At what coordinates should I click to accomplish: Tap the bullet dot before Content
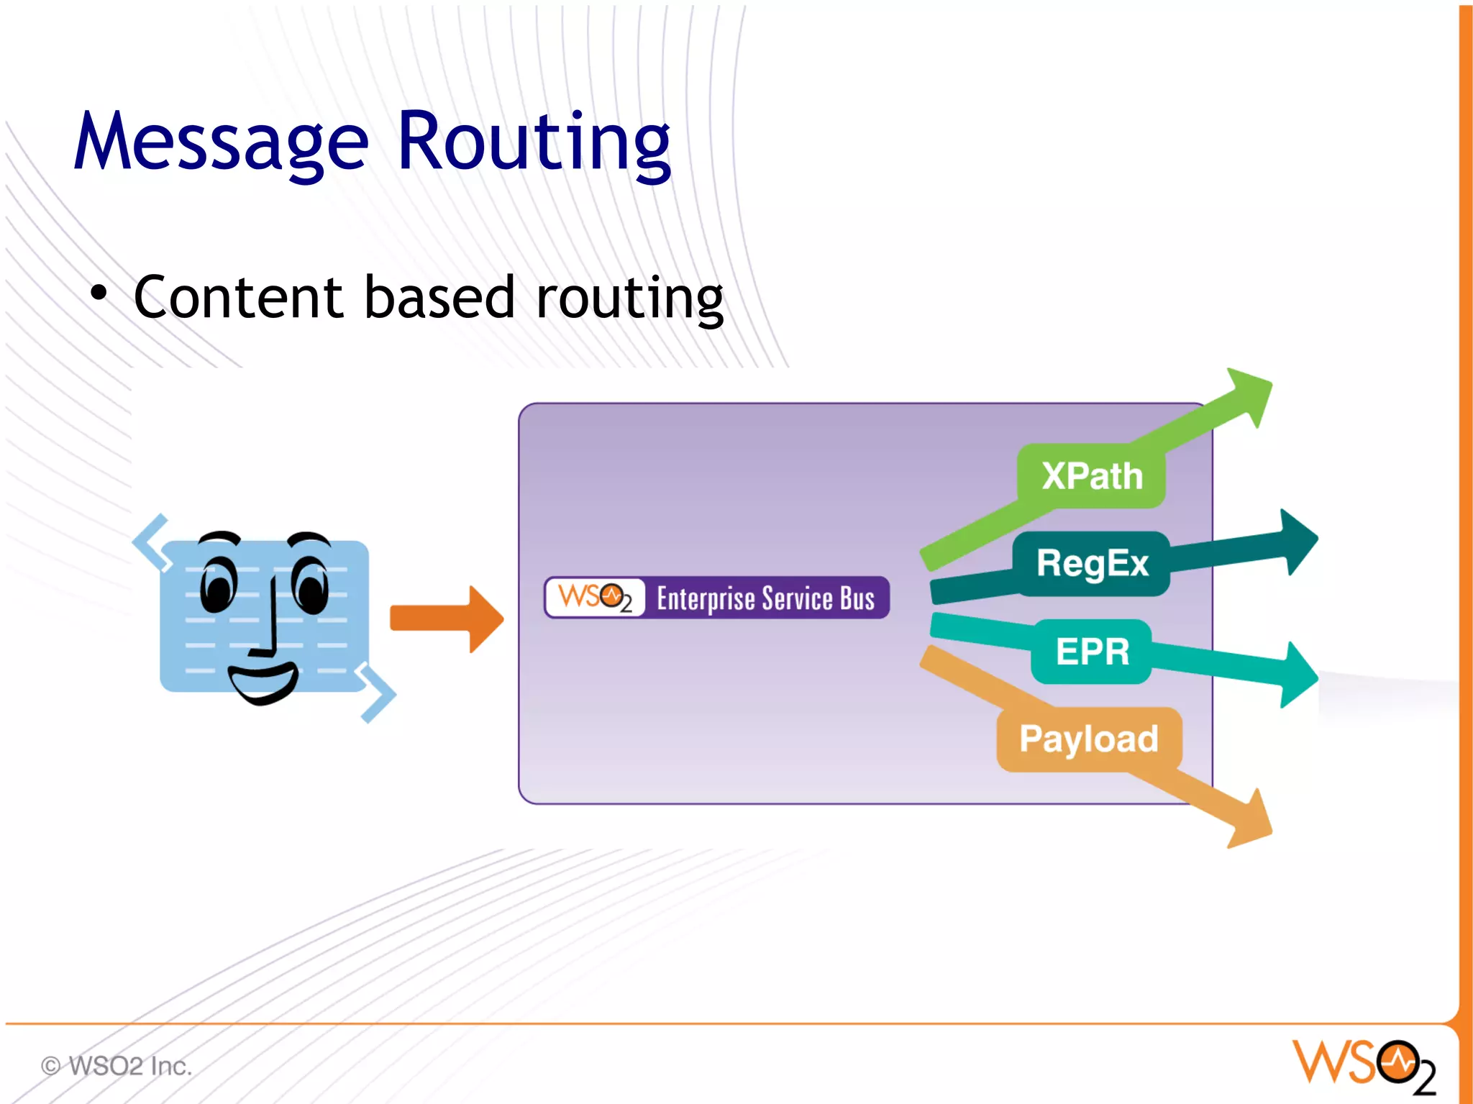pos(99,293)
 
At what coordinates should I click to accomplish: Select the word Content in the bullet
pos(238,297)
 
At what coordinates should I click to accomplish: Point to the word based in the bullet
pos(439,297)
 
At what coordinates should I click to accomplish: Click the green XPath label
pos(1091,476)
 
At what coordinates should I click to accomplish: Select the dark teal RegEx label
pos(1091,563)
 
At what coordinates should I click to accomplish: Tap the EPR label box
pos(1091,652)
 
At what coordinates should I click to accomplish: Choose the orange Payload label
pos(1088,739)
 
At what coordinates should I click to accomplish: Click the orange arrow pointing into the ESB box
pos(446,619)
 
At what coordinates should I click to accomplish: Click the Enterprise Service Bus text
pos(765,598)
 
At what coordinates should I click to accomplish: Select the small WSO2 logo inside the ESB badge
pos(595,598)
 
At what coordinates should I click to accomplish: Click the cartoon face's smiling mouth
pos(263,683)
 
